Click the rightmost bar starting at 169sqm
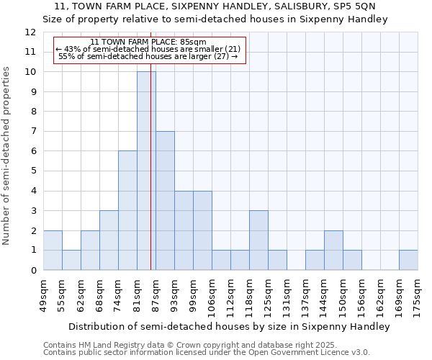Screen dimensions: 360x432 click(x=408, y=260)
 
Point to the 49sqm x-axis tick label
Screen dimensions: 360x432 click(x=43, y=294)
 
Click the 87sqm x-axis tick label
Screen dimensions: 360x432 click(x=156, y=294)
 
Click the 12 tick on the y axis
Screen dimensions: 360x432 click(x=30, y=32)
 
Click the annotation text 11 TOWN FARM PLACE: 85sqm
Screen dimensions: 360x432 click(x=149, y=42)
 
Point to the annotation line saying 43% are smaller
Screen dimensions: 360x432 click(x=149, y=49)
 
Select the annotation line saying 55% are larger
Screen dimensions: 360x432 click(x=149, y=56)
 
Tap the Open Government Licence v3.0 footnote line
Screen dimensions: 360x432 click(x=207, y=352)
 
